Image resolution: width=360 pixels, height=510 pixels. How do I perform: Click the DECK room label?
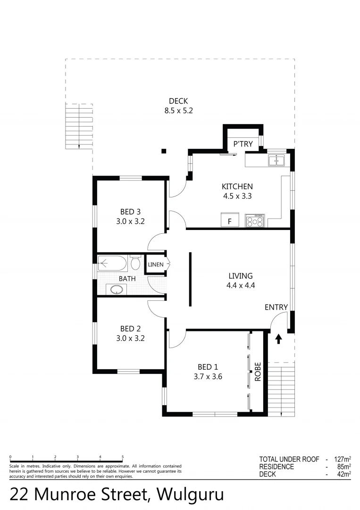click(178, 101)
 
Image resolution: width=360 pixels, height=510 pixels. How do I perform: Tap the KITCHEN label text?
click(237, 187)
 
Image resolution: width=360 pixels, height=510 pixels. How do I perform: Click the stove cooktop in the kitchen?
click(255, 221)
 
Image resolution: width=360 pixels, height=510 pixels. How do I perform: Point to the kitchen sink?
click(276, 161)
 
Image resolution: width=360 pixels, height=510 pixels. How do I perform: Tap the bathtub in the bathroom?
click(112, 263)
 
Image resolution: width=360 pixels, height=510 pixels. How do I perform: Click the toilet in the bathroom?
click(135, 262)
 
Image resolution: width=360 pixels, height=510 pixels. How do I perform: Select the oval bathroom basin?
click(114, 289)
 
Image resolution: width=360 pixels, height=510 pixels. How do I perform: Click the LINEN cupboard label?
click(155, 264)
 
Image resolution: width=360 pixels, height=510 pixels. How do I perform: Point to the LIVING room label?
click(241, 276)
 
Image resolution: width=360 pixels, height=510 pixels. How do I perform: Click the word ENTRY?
click(276, 307)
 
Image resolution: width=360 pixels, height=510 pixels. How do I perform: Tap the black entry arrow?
click(278, 338)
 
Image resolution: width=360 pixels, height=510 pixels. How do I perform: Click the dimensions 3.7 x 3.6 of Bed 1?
click(208, 377)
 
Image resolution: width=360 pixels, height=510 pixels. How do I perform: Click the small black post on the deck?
click(164, 151)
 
